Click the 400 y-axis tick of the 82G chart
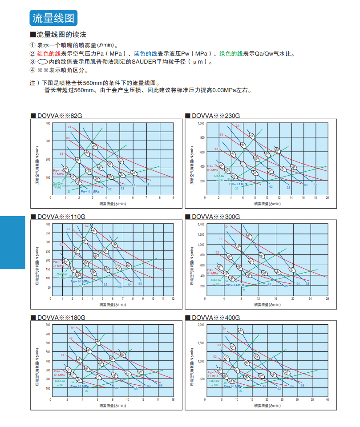tap(48, 122)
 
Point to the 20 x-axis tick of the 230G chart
tap(327, 197)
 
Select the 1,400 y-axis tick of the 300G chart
tap(201, 224)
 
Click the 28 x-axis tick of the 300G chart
tap(327, 298)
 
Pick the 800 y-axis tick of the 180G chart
tap(48, 325)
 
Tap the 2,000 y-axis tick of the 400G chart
tap(201, 325)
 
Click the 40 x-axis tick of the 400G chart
tap(327, 399)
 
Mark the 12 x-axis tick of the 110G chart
tap(173, 298)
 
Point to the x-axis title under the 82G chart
tap(113, 204)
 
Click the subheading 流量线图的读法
tap(61, 35)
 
